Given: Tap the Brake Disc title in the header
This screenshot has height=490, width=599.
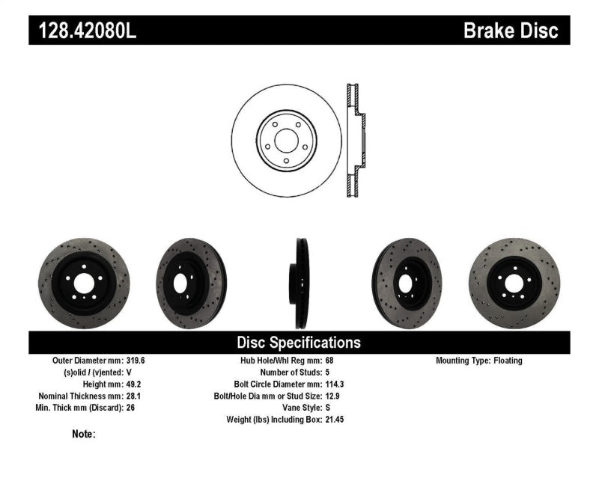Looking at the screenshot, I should pyautogui.click(x=511, y=31).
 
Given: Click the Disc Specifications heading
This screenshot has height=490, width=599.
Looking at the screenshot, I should pyautogui.click(x=299, y=343).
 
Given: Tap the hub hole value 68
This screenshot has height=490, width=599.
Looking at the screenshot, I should pyautogui.click(x=330, y=361).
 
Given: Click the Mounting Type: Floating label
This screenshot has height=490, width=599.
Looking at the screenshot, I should pyautogui.click(x=479, y=361).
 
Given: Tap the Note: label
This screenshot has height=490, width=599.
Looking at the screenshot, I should pyautogui.click(x=84, y=434).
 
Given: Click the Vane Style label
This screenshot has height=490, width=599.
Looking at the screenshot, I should pyautogui.click(x=298, y=408).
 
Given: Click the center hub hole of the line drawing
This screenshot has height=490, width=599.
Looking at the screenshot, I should pyautogui.click(x=286, y=139).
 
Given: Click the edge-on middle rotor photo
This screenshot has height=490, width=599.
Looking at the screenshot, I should pyautogui.click(x=299, y=284).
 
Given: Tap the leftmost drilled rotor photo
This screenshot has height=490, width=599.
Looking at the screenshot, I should pyautogui.click(x=84, y=284).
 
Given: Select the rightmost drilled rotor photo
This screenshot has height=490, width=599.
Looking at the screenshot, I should pyautogui.click(x=514, y=284).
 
